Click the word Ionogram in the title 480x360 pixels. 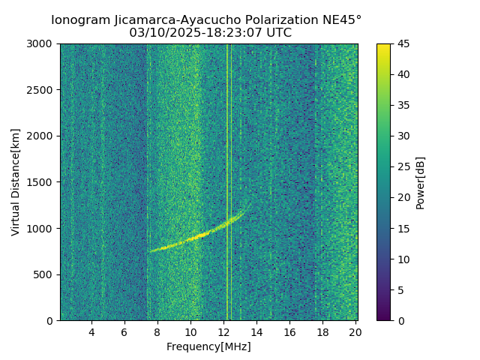(80, 19)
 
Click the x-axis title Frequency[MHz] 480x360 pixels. (208, 346)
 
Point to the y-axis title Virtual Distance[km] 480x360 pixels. (16, 182)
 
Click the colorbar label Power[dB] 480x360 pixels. (421, 182)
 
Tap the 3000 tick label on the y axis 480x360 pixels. (43, 43)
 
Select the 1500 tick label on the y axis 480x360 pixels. (43, 182)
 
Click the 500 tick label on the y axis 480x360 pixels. (46, 274)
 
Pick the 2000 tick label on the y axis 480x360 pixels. (43, 136)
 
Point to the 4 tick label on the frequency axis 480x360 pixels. (91, 332)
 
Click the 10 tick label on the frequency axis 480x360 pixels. (190, 332)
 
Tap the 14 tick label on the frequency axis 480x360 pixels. (256, 332)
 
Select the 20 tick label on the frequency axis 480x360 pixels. (355, 332)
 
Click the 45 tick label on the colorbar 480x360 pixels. (401, 43)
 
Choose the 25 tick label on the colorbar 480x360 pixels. (401, 166)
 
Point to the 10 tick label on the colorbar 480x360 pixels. (401, 259)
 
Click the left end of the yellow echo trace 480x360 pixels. (151, 251)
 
